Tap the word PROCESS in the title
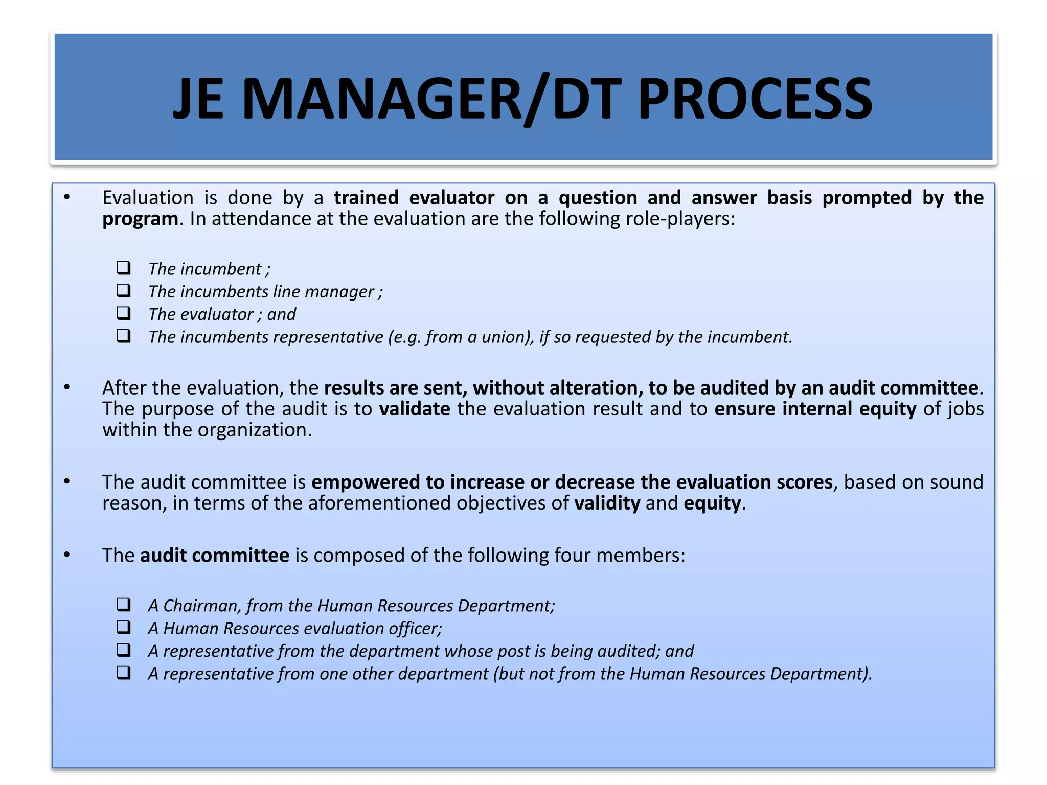(755, 99)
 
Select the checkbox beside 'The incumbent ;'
(124, 268)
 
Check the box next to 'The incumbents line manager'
(124, 291)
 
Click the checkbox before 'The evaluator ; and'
(124, 313)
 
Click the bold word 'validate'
(415, 409)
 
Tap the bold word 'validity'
(607, 503)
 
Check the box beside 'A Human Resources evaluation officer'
(124, 628)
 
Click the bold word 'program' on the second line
(140, 219)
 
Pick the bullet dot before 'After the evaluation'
(67, 387)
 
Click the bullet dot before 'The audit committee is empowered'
(67, 482)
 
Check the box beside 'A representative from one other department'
(124, 673)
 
